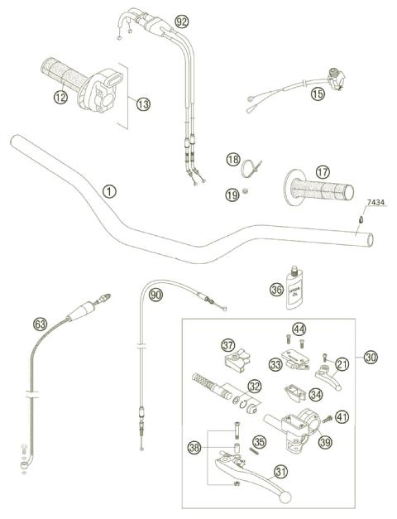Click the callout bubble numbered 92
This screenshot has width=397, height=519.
click(182, 21)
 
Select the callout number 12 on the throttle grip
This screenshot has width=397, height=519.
click(60, 98)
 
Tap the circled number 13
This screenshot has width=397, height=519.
click(144, 104)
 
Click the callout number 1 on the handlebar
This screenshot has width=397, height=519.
click(109, 190)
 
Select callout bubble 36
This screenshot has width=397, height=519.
click(275, 290)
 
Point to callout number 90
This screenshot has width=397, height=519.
click(155, 293)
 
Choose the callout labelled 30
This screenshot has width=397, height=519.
click(371, 357)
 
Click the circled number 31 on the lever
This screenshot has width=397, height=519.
click(281, 473)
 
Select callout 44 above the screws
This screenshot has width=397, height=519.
click(299, 329)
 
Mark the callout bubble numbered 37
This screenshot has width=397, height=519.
click(227, 344)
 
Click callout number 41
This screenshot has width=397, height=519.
click(342, 416)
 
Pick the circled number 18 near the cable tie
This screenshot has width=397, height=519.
click(233, 159)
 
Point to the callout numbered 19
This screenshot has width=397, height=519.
click(233, 195)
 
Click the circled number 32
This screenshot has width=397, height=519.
click(255, 386)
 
